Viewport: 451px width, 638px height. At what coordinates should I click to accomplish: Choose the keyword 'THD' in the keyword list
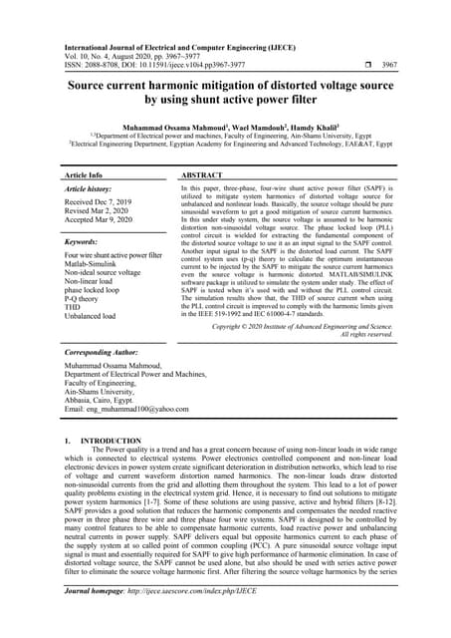(73, 307)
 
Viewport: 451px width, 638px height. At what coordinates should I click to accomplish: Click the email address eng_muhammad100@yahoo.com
(124, 410)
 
